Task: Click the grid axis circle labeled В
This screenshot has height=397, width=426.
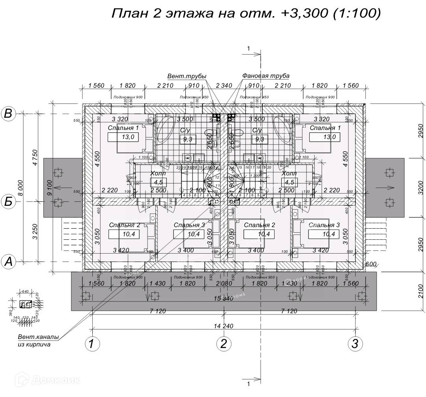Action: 8,114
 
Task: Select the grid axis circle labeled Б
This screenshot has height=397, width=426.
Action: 8,202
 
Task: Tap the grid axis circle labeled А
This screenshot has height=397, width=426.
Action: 8,262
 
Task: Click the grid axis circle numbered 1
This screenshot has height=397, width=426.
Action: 92,344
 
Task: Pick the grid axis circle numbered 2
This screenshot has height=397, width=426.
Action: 224,344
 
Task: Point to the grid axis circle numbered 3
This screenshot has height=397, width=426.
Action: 355,344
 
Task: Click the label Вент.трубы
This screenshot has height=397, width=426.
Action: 187,76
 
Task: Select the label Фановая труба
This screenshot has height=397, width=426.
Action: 266,75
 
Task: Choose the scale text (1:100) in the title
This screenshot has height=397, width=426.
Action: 357,13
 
